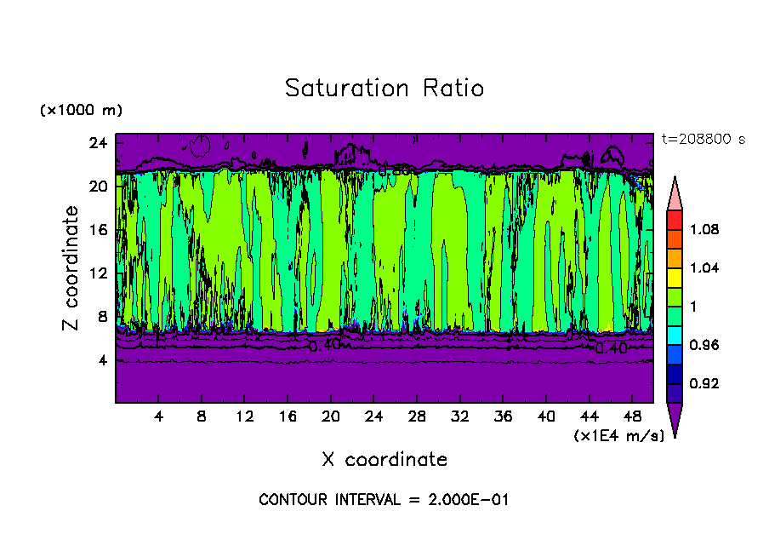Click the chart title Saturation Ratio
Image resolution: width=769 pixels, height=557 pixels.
(384, 88)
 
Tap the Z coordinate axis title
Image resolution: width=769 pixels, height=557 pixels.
(71, 268)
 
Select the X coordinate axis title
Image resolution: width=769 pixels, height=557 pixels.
(384, 459)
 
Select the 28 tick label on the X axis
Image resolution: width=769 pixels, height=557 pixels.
(417, 416)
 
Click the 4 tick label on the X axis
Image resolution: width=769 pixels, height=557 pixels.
(158, 416)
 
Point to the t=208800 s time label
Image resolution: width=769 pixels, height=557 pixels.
(703, 139)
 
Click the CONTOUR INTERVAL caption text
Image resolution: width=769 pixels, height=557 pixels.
(384, 499)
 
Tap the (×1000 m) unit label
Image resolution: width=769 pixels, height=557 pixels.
(81, 111)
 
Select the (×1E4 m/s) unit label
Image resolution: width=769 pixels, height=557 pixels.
(618, 435)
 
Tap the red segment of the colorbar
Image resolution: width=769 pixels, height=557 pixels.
(674, 219)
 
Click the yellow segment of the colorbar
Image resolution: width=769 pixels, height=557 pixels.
(674, 277)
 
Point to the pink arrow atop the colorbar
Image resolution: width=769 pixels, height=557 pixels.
(674, 192)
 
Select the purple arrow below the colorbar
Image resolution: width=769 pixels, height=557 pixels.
(674, 420)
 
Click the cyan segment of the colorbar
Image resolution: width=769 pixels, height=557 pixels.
(674, 335)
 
